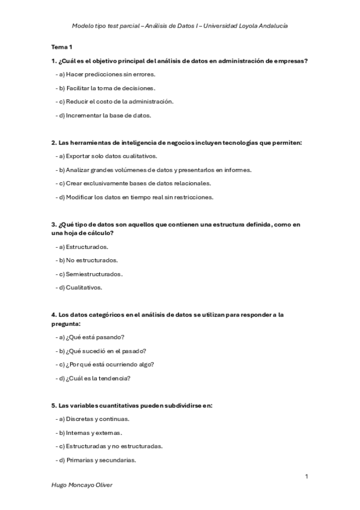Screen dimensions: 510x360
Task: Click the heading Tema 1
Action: [61, 46]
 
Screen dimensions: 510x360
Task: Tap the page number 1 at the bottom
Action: [307, 476]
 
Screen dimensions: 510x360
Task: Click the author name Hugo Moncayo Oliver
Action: [82, 485]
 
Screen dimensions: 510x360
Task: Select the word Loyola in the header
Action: [237, 26]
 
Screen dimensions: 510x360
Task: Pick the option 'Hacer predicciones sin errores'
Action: [108, 74]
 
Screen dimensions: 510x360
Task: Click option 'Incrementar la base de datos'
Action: [106, 115]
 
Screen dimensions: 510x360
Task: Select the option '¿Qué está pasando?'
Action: [96, 337]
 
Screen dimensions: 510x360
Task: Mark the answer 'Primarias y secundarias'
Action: [99, 460]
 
